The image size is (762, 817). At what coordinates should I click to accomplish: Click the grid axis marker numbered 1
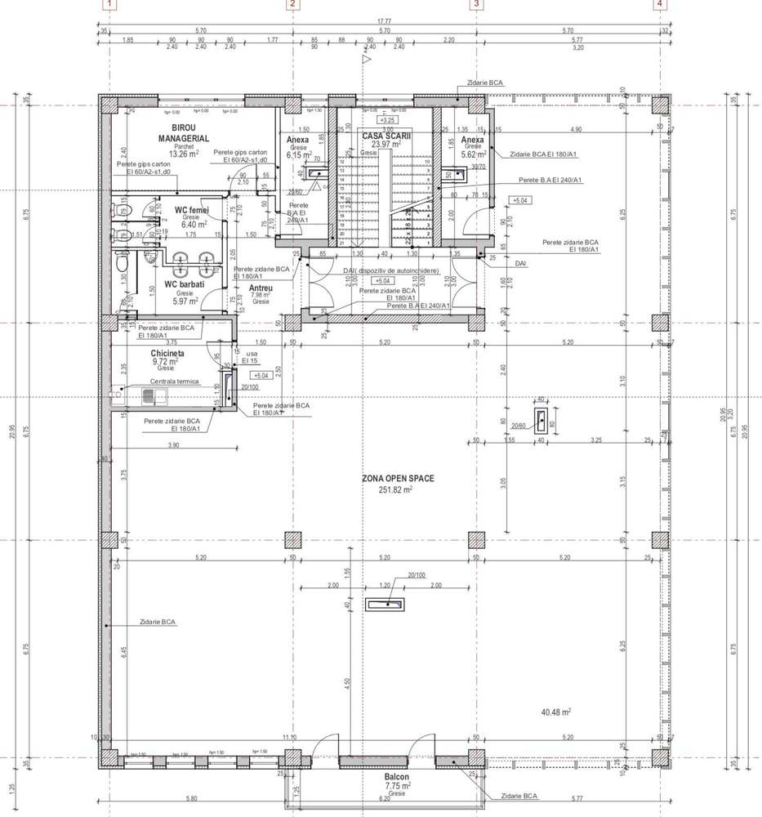[109, 4]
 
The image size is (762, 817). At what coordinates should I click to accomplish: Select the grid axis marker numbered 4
[659, 4]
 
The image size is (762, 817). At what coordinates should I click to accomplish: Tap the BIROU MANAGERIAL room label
[190, 134]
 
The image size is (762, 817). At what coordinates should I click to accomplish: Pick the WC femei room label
[193, 210]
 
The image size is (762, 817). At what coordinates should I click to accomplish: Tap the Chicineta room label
[167, 353]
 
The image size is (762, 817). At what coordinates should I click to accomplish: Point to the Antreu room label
[261, 288]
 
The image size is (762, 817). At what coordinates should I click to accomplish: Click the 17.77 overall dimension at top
[384, 21]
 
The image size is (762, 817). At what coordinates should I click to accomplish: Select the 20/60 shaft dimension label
[519, 426]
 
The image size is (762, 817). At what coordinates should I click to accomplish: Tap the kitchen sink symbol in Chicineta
[154, 397]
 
